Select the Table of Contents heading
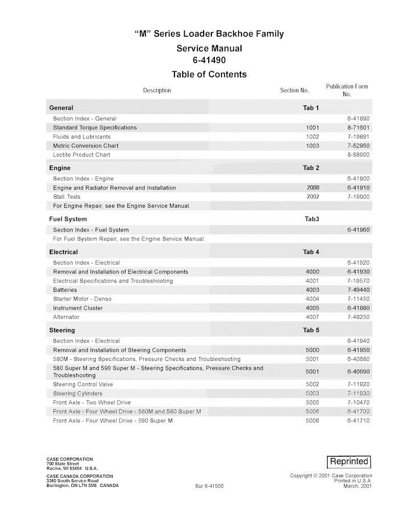pyautogui.click(x=209, y=75)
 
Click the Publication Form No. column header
pyautogui.click(x=347, y=90)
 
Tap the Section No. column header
pyautogui.click(x=294, y=91)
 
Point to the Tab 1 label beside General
pyautogui.click(x=311, y=108)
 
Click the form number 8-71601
pyautogui.click(x=358, y=127)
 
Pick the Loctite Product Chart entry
pyautogui.click(x=81, y=155)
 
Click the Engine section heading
pyautogui.click(x=60, y=168)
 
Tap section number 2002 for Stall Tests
pyautogui.click(x=313, y=197)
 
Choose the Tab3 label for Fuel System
pyautogui.click(x=312, y=219)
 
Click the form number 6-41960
pyautogui.click(x=358, y=230)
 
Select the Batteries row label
pyautogui.click(x=65, y=290)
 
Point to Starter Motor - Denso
pyautogui.click(x=82, y=299)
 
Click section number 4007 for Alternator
pyautogui.click(x=312, y=317)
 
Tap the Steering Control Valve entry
pyautogui.click(x=83, y=385)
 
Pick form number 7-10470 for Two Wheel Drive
pyautogui.click(x=358, y=403)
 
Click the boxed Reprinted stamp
pyautogui.click(x=349, y=461)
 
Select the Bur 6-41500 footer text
pyautogui.click(x=209, y=485)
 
